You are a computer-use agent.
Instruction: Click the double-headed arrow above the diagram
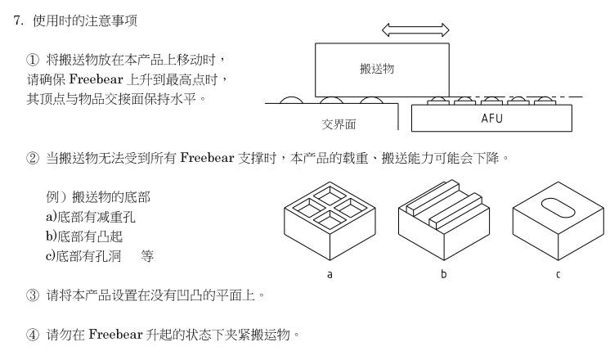[x=415, y=30]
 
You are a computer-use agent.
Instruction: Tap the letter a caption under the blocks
[x=330, y=274]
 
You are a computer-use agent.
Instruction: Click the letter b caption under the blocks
[x=444, y=274]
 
